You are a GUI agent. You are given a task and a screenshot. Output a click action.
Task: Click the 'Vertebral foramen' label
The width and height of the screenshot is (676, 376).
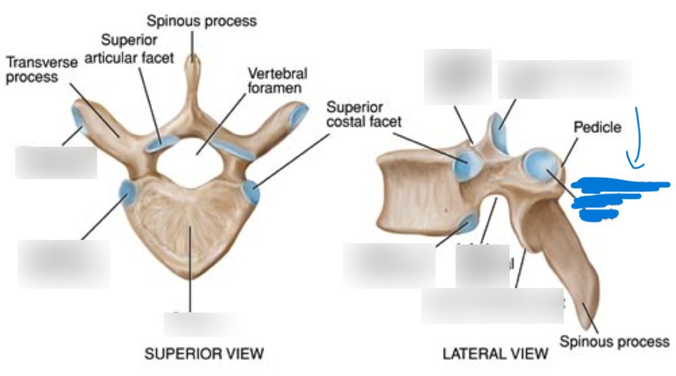(x=277, y=80)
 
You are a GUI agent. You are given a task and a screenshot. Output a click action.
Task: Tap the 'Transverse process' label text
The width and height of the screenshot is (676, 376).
(x=42, y=69)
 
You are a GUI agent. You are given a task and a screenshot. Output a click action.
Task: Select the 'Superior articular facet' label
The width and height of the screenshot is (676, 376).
(x=137, y=50)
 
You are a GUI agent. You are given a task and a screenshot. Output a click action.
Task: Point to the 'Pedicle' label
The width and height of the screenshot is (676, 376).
(x=597, y=127)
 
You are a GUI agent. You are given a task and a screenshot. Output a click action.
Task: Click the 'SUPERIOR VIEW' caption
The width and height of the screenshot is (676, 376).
(x=204, y=354)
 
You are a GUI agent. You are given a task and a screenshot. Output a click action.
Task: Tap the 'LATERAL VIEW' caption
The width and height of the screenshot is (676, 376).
(x=495, y=354)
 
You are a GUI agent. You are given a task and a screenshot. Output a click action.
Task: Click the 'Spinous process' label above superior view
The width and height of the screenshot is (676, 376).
(x=201, y=21)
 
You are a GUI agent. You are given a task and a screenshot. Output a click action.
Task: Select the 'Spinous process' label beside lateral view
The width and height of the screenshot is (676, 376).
(x=614, y=342)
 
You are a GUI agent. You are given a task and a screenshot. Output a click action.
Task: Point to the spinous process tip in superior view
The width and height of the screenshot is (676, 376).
(x=193, y=59)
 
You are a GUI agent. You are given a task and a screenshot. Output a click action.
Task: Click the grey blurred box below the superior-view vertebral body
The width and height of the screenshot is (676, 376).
(x=199, y=324)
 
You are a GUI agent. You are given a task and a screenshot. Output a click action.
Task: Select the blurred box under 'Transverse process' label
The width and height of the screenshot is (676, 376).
(x=56, y=163)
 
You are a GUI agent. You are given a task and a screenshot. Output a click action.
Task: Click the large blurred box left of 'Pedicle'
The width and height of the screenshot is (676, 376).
(x=564, y=79)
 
